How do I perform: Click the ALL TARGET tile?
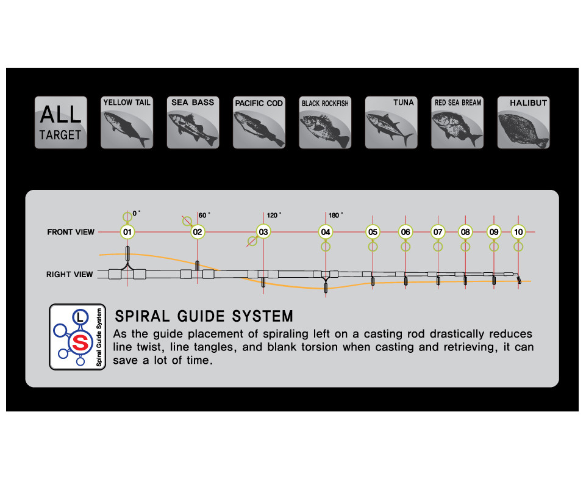[x=61, y=122]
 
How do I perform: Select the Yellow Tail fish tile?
[x=127, y=122]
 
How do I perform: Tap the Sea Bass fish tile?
[x=193, y=122]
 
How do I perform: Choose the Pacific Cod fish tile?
[x=259, y=122]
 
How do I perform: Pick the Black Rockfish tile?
[x=325, y=122]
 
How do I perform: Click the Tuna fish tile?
[x=391, y=122]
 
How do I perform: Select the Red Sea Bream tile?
[x=457, y=122]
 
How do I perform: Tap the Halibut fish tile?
[x=524, y=122]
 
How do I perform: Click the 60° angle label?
[x=204, y=215]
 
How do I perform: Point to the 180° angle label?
[x=335, y=215]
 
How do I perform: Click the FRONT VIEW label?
[x=71, y=232]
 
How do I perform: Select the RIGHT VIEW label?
[x=70, y=274]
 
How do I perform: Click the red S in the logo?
[x=80, y=342]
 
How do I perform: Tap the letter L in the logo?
[x=80, y=317]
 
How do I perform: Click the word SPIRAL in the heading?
[x=142, y=316]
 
